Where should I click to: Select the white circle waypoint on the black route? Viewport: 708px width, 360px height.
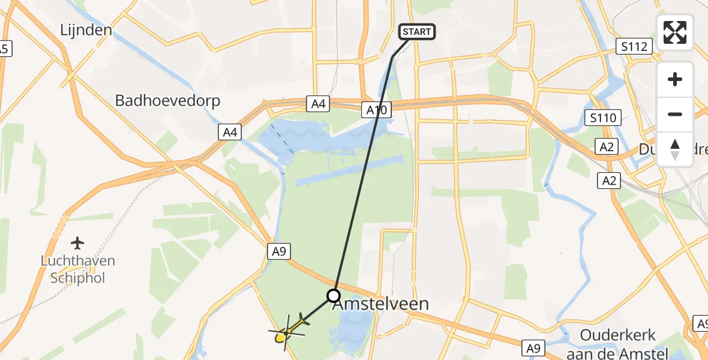[333, 295]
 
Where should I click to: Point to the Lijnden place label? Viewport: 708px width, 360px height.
[87, 29]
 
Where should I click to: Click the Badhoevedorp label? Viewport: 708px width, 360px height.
[167, 100]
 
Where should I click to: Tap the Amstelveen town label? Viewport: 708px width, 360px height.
[380, 304]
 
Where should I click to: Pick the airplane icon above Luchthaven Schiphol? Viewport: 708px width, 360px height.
[77, 243]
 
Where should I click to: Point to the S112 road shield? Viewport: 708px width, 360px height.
[634, 46]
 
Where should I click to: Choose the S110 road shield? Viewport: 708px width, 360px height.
[602, 118]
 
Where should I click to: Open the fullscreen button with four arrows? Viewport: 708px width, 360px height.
[674, 32]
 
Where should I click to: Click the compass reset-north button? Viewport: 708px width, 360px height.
[674, 149]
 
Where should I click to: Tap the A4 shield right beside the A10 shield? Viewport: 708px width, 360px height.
[318, 104]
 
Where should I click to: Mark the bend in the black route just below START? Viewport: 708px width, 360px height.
[392, 58]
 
